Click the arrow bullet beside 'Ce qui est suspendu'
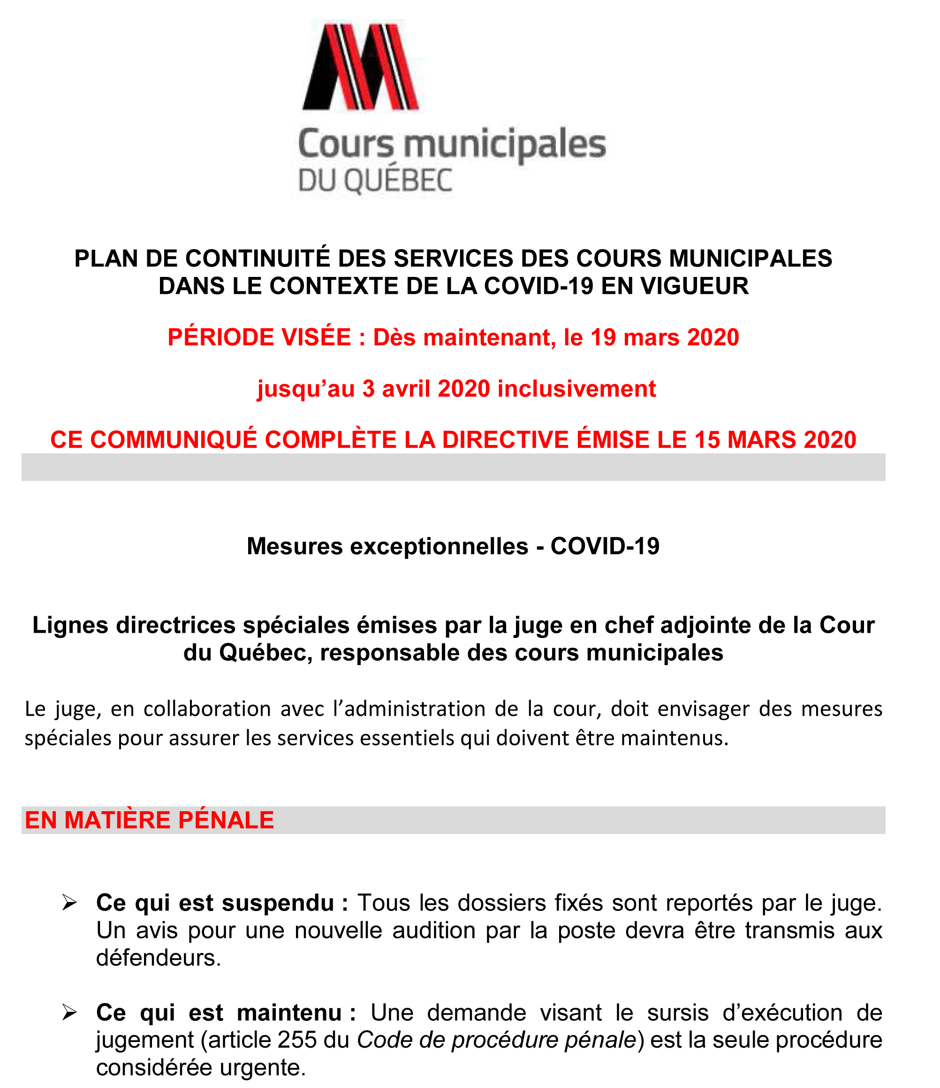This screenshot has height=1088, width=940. [70, 903]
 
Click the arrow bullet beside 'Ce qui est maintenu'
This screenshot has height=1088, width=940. [70, 1012]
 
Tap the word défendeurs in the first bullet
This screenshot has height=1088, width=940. [158, 958]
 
